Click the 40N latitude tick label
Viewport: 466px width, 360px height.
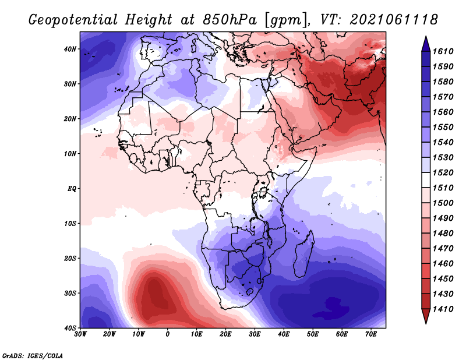coord(70,49)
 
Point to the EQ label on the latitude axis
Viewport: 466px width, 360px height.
coord(72,189)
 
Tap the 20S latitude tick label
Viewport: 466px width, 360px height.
coord(70,258)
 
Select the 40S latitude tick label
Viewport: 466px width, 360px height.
coord(70,328)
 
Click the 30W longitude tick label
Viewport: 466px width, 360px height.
coord(80,334)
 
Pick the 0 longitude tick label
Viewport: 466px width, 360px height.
coord(168,334)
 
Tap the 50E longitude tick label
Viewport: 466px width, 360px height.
coord(313,334)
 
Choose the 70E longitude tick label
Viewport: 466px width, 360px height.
coord(371,334)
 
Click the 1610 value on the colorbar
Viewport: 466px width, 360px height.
coord(443,51)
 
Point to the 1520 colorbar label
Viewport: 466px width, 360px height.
coord(443,172)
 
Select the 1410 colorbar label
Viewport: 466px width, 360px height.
coord(443,309)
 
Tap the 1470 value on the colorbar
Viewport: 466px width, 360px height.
coord(443,249)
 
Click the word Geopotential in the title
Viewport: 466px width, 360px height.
coord(73,20)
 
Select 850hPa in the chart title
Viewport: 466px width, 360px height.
coord(230,20)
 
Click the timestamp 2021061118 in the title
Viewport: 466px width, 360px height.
coord(394,20)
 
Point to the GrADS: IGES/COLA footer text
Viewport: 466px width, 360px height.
coord(33,356)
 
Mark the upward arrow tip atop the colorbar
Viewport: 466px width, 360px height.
coord(426,36)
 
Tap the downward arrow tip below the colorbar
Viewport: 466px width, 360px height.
coord(426,323)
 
